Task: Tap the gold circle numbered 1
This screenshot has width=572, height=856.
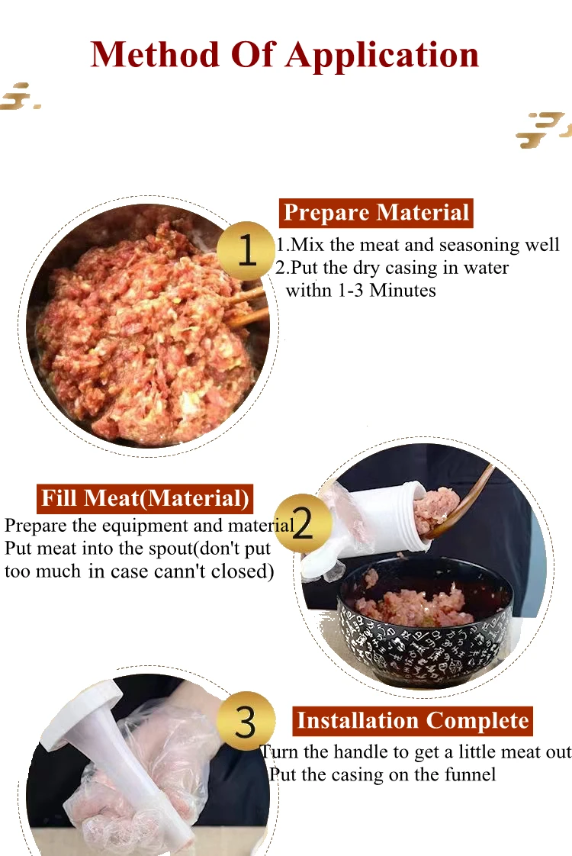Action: (246, 250)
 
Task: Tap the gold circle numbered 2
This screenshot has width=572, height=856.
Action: (303, 523)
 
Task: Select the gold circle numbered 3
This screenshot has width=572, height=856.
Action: (246, 721)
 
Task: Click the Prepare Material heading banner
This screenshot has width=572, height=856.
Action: (376, 213)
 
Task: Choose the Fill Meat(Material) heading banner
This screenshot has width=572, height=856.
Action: (145, 499)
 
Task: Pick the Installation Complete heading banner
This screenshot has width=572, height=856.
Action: (412, 721)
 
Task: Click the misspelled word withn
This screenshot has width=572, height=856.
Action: (309, 291)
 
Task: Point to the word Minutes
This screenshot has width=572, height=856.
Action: (403, 291)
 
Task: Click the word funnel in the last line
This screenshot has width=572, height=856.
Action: (471, 775)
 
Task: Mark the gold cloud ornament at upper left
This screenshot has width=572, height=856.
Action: (18, 96)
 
